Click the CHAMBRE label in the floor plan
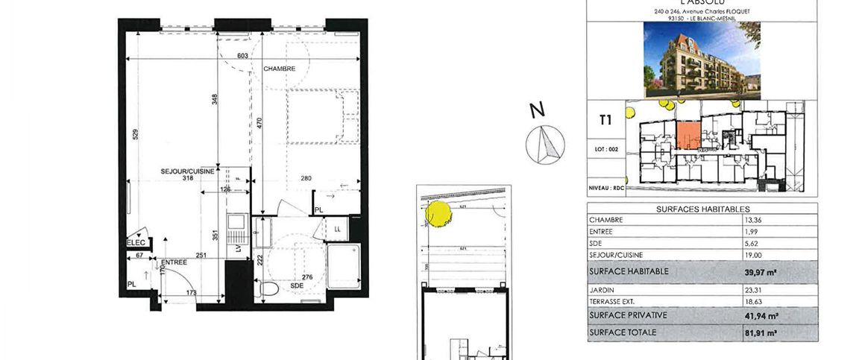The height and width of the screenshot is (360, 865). point(280,69)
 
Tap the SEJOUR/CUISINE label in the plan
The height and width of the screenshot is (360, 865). point(188,171)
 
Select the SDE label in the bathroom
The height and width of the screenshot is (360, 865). point(297,285)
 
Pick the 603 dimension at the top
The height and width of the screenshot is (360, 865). point(242,56)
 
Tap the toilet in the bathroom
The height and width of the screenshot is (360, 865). point(270,288)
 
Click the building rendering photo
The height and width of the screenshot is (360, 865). point(702,59)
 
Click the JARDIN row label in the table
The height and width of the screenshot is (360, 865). point(601,291)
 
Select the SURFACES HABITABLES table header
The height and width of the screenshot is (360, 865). point(702,209)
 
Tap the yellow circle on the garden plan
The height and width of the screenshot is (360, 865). point(438,213)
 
